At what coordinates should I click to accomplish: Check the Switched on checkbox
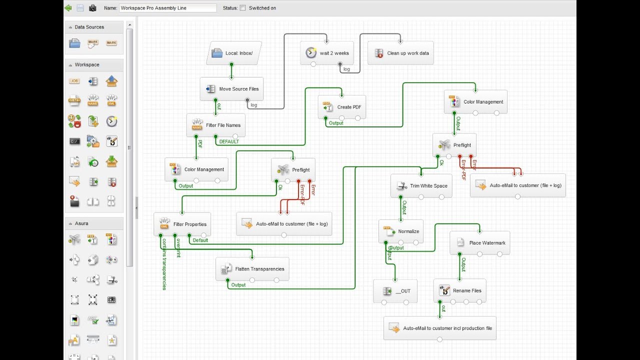(243, 8)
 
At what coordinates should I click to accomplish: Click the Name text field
(167, 8)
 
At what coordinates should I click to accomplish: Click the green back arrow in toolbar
(68, 8)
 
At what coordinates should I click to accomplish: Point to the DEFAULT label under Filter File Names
(229, 141)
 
